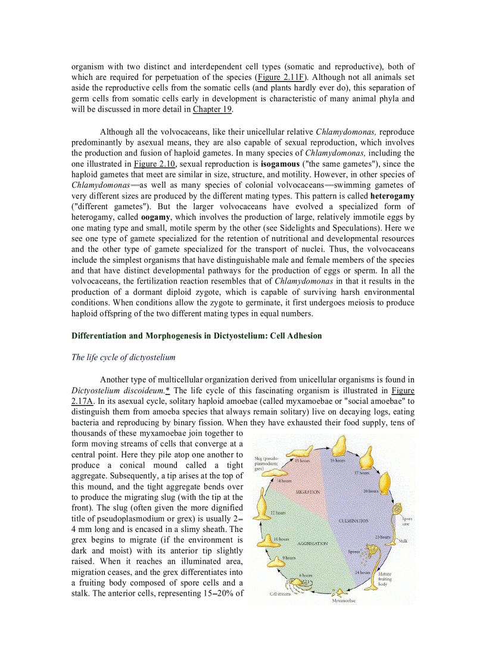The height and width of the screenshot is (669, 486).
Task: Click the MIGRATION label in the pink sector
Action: point(308,492)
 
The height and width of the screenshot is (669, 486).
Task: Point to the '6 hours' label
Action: point(306,575)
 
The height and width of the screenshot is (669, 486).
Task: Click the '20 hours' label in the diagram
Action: point(371,491)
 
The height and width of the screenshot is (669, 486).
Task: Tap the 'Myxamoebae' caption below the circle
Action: point(344,600)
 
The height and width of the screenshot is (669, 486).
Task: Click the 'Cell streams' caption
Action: point(281,594)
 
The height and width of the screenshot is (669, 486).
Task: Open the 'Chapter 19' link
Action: point(212,110)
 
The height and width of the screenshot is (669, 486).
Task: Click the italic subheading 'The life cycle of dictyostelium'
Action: point(123,357)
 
